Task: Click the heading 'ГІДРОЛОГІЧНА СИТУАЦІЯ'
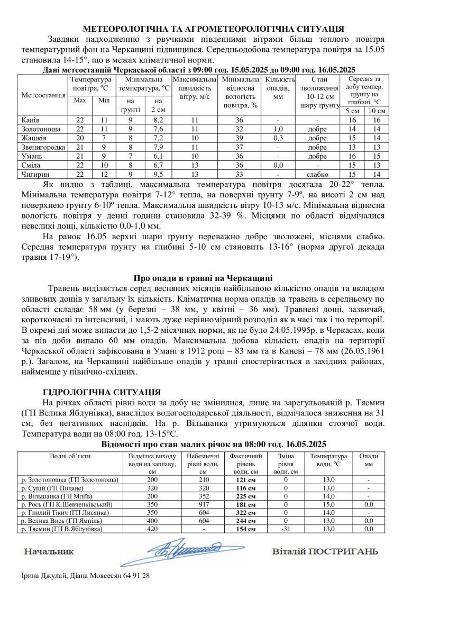point(101,392)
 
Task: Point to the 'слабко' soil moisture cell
point(317,174)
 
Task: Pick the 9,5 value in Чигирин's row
point(157,174)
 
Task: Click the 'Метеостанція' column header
point(43,95)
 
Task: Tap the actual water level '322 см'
point(245,513)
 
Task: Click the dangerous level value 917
point(203,504)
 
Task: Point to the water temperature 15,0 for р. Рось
point(329,504)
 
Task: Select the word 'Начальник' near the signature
point(49,552)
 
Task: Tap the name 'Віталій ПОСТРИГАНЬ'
point(325,552)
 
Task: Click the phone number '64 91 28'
point(136,576)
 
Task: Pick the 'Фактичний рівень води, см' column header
point(245,464)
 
